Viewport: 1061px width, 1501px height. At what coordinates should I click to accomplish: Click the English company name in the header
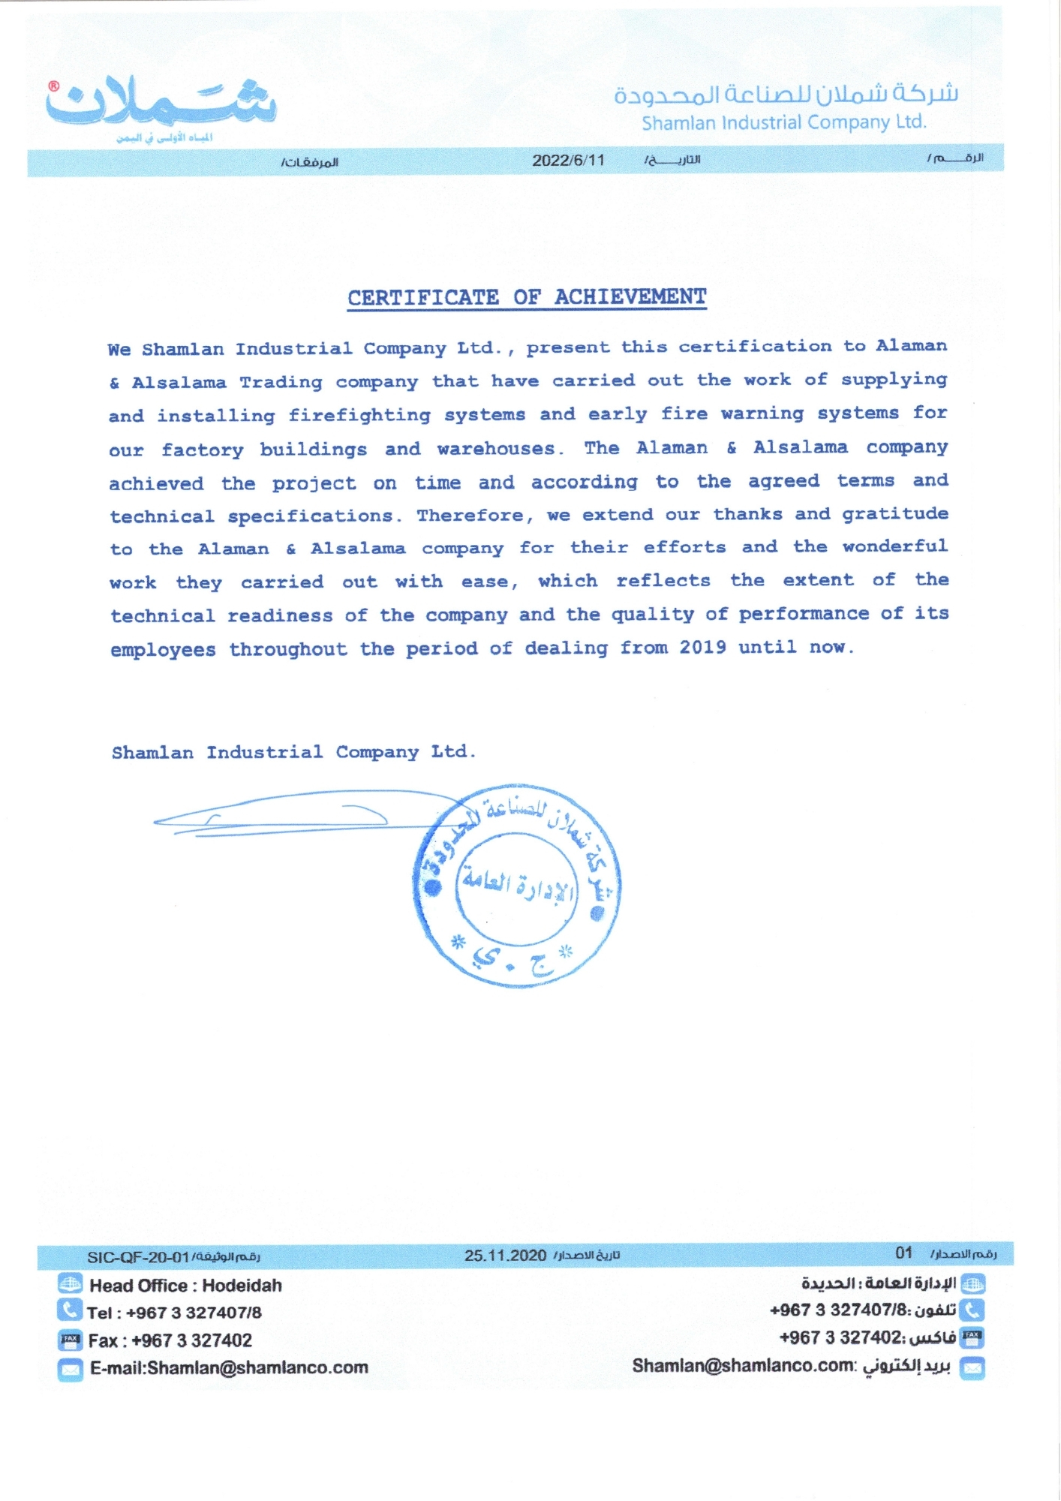coord(784,122)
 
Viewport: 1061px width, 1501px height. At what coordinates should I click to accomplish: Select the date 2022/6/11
coord(568,160)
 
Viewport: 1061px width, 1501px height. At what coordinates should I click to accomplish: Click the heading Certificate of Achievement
coord(527,297)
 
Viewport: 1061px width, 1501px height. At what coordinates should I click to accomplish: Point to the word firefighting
coord(359,415)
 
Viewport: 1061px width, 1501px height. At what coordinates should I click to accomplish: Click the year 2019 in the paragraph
coord(702,647)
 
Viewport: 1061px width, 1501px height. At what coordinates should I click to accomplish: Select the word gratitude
coord(894,513)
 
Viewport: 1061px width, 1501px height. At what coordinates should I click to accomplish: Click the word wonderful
coord(894,546)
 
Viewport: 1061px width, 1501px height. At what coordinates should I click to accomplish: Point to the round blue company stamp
coord(517,886)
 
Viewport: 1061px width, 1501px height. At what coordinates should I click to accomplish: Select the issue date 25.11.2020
coord(505,1256)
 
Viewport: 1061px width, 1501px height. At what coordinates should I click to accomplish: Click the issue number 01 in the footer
coord(903,1253)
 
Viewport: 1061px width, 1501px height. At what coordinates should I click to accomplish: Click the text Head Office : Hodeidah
coord(185,1286)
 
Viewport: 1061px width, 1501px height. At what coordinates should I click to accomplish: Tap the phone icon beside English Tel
coord(69,1310)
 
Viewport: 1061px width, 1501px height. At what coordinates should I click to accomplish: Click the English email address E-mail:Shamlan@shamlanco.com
coord(229,1367)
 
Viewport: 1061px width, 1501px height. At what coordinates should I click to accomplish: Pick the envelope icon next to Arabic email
coord(972,1367)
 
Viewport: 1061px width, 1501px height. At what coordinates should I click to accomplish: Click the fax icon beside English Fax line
coord(70,1339)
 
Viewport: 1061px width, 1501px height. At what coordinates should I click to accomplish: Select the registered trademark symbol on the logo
coord(54,86)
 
